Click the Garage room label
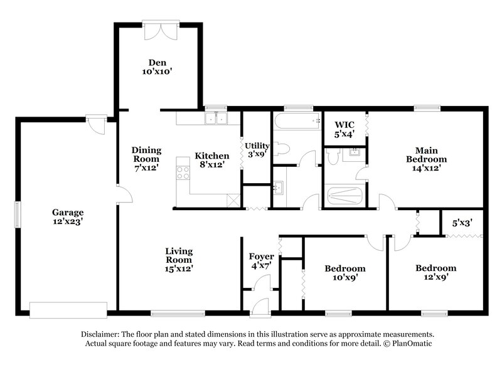[68, 216]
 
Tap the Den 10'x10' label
[156, 66]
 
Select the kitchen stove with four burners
[183, 172]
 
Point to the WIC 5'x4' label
[344, 129]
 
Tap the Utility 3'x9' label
[257, 149]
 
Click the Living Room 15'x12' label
[179, 259]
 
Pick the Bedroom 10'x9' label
[344, 273]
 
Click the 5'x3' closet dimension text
[463, 222]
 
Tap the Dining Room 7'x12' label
[146, 159]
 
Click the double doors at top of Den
[157, 29]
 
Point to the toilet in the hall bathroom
[283, 149]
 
